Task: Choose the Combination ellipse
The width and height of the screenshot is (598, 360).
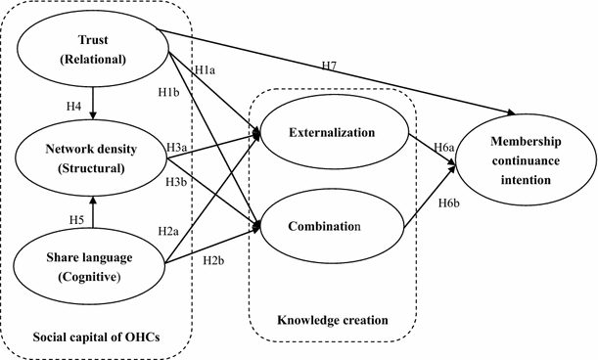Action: pyautogui.click(x=334, y=226)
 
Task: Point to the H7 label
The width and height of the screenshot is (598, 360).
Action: pyautogui.click(x=329, y=65)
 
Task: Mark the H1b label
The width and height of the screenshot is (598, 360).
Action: pyautogui.click(x=169, y=93)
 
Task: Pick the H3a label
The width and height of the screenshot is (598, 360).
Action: pyautogui.click(x=177, y=148)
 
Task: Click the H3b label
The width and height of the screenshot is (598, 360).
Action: pyautogui.click(x=177, y=183)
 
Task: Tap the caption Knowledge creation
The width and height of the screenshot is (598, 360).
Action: pyautogui.click(x=332, y=320)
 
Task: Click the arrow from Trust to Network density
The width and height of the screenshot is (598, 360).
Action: pyautogui.click(x=92, y=103)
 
